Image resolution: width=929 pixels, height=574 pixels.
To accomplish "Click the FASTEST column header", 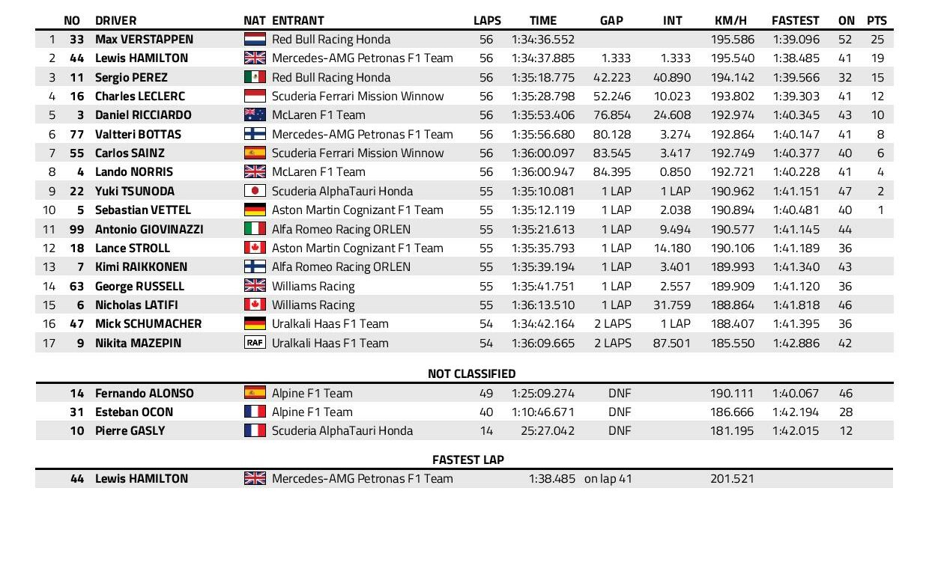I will click(796, 21).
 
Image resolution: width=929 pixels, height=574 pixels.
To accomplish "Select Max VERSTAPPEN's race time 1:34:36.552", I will click(543, 40).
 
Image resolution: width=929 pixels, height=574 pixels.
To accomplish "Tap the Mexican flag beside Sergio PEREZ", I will click(255, 77).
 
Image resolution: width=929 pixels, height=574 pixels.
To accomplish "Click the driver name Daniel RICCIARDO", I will click(143, 115).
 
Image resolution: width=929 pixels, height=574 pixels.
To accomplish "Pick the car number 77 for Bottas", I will click(76, 135).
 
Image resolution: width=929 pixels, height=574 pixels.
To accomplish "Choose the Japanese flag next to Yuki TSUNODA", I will click(255, 192).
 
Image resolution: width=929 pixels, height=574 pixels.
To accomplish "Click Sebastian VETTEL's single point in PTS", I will click(881, 210).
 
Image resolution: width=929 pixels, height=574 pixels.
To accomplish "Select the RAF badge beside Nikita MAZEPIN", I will click(255, 344).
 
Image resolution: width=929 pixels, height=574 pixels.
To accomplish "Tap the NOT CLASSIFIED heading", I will click(471, 373).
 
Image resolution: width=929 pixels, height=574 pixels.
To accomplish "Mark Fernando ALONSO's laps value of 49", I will click(486, 394).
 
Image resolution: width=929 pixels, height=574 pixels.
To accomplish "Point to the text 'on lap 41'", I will click(608, 479).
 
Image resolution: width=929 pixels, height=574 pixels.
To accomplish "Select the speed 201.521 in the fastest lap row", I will click(732, 479).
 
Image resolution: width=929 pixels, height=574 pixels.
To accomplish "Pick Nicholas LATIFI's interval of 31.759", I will click(671, 305).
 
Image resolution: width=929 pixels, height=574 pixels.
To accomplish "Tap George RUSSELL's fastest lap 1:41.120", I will click(796, 287).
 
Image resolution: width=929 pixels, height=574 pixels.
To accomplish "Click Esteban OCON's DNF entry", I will click(620, 412).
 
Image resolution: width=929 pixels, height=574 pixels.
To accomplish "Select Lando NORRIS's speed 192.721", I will click(732, 172).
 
